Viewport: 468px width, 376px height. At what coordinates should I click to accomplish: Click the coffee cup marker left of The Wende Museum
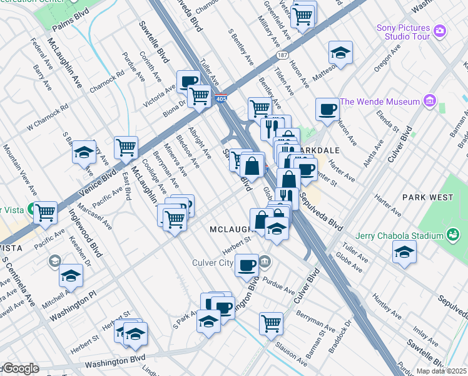pyautogui.click(x=327, y=110)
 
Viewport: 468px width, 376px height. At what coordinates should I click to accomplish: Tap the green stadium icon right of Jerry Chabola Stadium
pyautogui.click(x=451, y=236)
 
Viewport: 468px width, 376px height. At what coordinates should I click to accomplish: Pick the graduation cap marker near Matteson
pyautogui.click(x=340, y=53)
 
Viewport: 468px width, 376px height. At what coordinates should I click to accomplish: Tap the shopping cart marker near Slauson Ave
pyautogui.click(x=271, y=323)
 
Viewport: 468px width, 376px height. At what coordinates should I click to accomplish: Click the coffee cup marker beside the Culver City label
pyautogui.click(x=247, y=264)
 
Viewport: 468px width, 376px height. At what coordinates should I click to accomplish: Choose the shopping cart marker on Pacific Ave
pyautogui.click(x=45, y=213)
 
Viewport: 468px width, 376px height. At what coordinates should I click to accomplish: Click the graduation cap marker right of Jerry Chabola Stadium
pyautogui.click(x=404, y=253)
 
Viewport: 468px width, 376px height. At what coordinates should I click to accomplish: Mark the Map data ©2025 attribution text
pyautogui.click(x=441, y=371)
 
